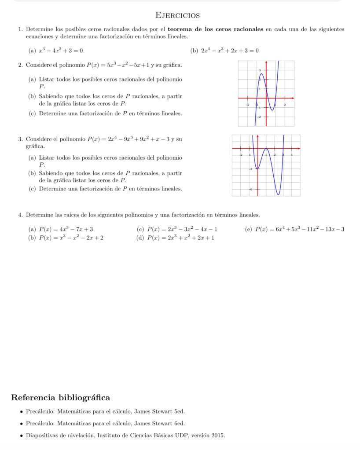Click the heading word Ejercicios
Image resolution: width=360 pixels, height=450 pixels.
click(178, 16)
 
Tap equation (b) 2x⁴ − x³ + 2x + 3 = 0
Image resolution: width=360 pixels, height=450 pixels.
click(230, 51)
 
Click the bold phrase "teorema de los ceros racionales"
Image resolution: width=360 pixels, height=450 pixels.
click(215, 29)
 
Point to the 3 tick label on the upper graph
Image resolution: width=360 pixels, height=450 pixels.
click(260, 70)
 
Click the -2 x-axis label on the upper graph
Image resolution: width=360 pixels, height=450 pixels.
click(247, 105)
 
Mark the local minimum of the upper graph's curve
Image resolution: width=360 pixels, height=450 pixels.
click(272, 110)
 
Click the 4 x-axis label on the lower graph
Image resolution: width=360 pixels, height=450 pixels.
click(291, 155)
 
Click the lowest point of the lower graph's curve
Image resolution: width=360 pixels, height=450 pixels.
click(278, 194)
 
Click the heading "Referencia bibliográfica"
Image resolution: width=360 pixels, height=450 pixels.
click(60, 398)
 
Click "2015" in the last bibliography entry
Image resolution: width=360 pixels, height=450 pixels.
click(218, 435)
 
